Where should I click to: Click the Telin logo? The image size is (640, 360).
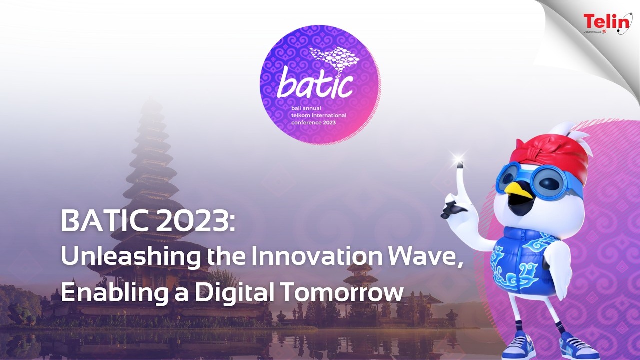point(607,22)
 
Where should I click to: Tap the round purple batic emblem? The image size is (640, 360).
point(320,85)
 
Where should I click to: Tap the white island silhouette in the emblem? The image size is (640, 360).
point(334,59)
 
